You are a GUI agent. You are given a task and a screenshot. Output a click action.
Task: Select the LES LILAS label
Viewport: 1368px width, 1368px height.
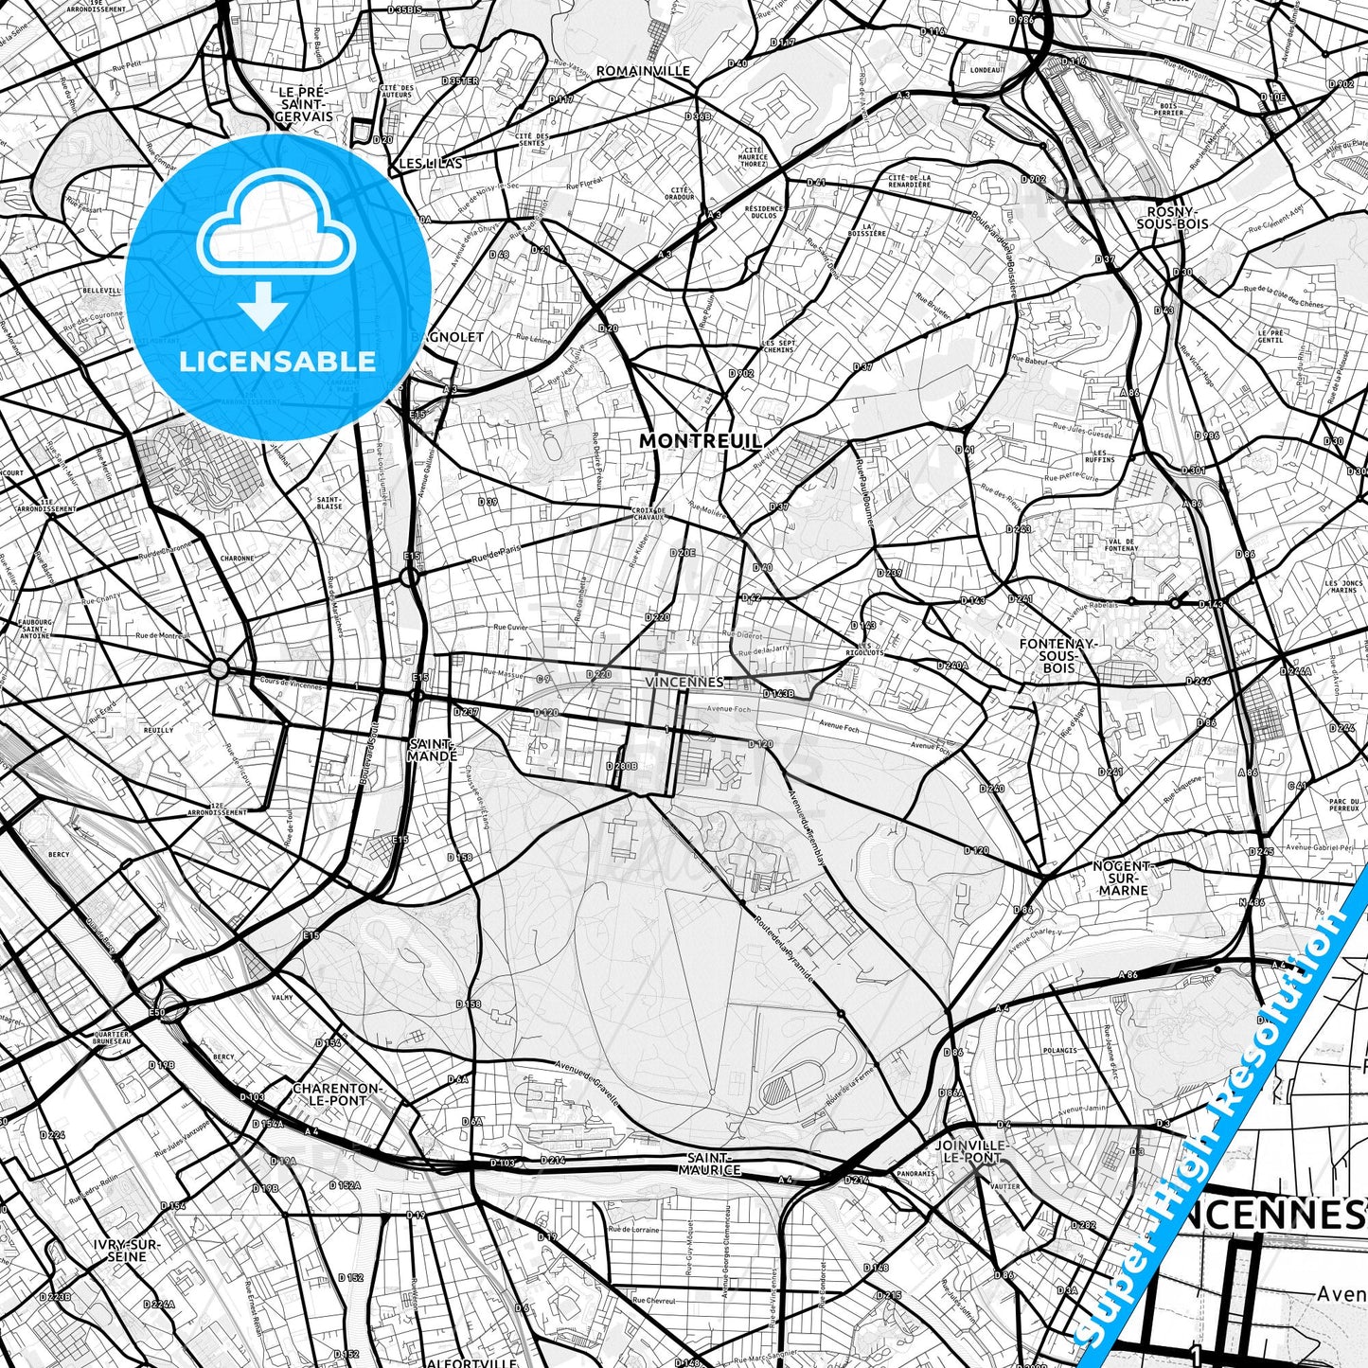point(431,164)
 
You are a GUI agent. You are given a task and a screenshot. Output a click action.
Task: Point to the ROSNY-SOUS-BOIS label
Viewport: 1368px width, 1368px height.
point(1177,218)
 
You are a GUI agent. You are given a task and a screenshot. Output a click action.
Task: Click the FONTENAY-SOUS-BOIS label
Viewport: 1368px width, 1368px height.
point(1057,655)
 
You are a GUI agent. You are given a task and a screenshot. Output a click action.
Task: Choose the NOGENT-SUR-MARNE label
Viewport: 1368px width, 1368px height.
point(1123,878)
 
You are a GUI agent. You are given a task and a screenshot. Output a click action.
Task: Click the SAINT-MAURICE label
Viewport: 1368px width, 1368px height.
point(708,1164)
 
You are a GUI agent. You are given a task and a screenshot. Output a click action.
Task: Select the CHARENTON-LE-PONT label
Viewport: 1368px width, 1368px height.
point(336,1094)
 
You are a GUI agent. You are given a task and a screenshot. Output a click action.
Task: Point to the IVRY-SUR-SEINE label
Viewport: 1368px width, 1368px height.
point(127,1250)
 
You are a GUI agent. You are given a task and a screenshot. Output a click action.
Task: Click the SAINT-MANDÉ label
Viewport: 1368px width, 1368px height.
point(432,750)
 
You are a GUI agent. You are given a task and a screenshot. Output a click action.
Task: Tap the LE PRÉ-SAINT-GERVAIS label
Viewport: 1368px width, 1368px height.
point(303,104)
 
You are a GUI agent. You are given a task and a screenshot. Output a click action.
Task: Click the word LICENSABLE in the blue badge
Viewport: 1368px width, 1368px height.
point(277,362)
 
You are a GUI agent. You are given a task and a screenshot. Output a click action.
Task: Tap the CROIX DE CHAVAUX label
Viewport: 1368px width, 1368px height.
point(648,513)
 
